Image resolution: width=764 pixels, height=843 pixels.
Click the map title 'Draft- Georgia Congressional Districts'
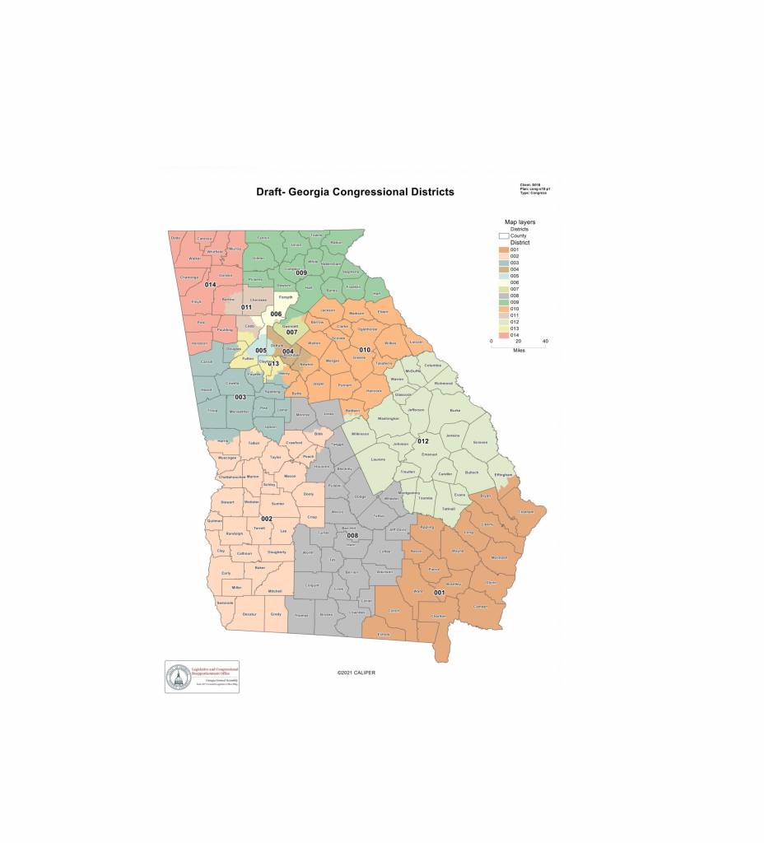(x=355, y=192)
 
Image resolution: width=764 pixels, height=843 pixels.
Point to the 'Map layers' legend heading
(x=520, y=222)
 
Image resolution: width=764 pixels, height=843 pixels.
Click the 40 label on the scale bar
(x=544, y=341)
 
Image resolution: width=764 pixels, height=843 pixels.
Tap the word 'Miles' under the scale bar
(x=518, y=349)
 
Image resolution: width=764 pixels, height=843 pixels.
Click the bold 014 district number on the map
(x=210, y=285)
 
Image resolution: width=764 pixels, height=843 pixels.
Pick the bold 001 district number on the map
(x=440, y=592)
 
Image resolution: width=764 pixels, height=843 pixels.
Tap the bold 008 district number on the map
(x=352, y=536)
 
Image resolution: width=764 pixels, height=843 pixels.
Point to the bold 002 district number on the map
(x=267, y=519)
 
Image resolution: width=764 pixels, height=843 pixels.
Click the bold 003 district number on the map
(x=240, y=397)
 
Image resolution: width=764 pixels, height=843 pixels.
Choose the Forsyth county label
(x=285, y=297)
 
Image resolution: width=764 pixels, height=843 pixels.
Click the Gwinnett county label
(x=290, y=325)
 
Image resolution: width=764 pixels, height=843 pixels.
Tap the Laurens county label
(x=378, y=459)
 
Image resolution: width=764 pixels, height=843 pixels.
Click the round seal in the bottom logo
(x=178, y=677)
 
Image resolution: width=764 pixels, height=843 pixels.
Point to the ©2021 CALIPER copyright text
(x=356, y=673)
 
